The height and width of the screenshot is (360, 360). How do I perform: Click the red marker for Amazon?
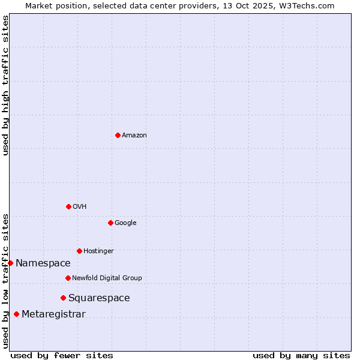pyautogui.click(x=118, y=135)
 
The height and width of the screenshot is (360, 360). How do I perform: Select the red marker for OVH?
pyautogui.click(x=68, y=206)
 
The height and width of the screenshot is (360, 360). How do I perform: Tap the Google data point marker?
pyautogui.click(x=110, y=223)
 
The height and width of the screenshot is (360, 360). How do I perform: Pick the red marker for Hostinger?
pyautogui.click(x=79, y=251)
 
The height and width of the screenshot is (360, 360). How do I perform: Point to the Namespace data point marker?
pyautogui.click(x=10, y=263)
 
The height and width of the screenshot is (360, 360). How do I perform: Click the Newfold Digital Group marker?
pyautogui.click(x=68, y=278)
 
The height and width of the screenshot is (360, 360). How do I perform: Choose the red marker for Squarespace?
pyautogui.click(x=63, y=298)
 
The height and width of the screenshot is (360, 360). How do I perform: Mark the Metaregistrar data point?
pyautogui.click(x=16, y=314)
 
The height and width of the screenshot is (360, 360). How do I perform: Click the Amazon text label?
pyautogui.click(x=134, y=136)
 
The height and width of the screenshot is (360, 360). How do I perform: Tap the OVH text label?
pyautogui.click(x=80, y=207)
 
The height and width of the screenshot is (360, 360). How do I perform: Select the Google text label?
pyautogui.click(x=125, y=223)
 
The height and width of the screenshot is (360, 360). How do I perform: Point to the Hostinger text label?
pyautogui.click(x=98, y=251)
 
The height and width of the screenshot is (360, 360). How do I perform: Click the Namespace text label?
pyautogui.click(x=43, y=263)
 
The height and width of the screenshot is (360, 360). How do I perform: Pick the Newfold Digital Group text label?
pyautogui.click(x=107, y=278)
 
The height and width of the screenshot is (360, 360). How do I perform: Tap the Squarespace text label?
pyautogui.click(x=99, y=298)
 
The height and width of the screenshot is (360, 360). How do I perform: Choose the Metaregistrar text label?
pyautogui.click(x=53, y=314)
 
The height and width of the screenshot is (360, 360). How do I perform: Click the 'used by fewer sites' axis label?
pyautogui.click(x=62, y=355)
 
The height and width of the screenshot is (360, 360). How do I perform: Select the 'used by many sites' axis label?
pyautogui.click(x=301, y=355)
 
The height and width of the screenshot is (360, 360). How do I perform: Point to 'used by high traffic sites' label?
pyautogui.click(x=6, y=85)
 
